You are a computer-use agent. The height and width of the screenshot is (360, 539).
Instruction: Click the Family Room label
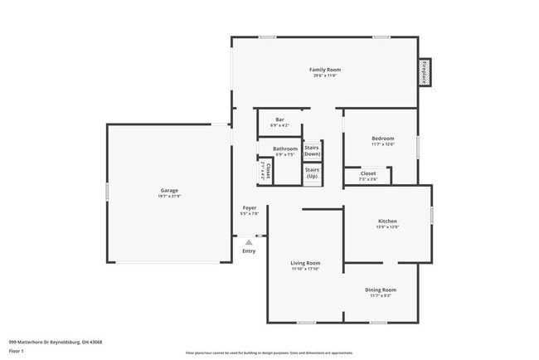(325, 70)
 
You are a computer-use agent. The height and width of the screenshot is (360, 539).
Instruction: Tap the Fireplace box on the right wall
(425, 72)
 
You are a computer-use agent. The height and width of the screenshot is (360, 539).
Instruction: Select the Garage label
(169, 191)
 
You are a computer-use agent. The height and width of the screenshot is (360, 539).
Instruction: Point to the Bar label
(279, 120)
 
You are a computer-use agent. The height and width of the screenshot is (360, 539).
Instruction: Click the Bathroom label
(285, 148)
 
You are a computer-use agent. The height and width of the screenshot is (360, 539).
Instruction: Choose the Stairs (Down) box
(312, 151)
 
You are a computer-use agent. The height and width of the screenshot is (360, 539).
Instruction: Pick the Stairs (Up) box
(312, 174)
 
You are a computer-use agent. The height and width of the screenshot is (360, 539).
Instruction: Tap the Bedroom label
(382, 139)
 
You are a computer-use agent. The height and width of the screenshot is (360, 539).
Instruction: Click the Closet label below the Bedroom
(368, 173)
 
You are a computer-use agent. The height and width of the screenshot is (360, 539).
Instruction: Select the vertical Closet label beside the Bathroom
(268, 170)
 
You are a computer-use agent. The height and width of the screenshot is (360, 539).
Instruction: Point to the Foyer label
(250, 207)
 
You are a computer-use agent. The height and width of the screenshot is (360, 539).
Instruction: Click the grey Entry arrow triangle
(249, 241)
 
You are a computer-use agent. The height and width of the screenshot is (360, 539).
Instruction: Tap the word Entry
(249, 251)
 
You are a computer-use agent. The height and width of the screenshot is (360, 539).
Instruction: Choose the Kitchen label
(388, 221)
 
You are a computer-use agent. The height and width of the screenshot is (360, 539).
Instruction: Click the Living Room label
(305, 263)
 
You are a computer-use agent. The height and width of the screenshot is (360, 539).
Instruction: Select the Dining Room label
(381, 289)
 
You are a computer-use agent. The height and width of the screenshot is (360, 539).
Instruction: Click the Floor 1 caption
(17, 351)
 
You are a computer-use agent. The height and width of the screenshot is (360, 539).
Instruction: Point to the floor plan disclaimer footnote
(269, 353)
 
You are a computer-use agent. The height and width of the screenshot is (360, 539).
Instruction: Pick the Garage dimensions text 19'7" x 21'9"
(169, 197)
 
